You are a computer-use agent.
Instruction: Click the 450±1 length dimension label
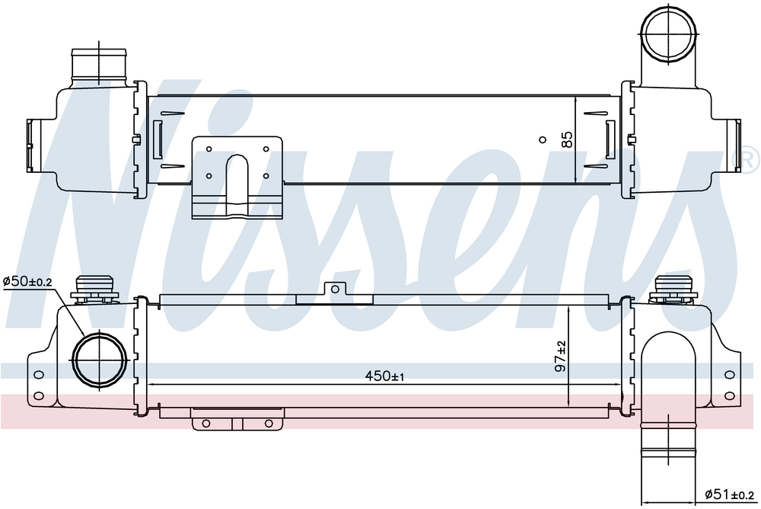click(x=384, y=376)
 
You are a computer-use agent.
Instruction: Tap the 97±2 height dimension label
click(x=561, y=357)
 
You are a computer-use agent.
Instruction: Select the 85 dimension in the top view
click(x=566, y=139)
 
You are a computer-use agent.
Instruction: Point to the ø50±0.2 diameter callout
click(x=27, y=281)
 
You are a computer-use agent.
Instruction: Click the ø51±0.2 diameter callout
click(x=730, y=495)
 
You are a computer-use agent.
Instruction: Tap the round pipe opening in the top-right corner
click(x=668, y=27)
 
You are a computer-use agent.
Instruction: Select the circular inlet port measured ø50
click(x=99, y=360)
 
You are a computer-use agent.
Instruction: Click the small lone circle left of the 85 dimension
click(x=543, y=140)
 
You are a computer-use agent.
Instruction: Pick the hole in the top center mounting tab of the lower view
click(x=335, y=290)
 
